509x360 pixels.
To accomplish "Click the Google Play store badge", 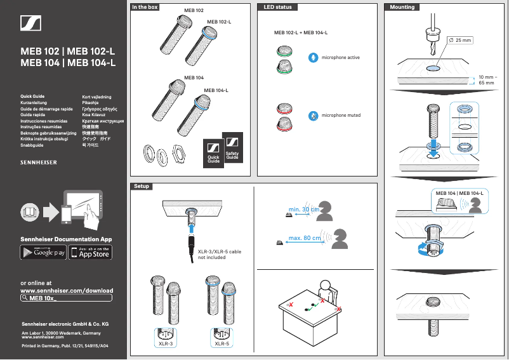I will coord(44,253).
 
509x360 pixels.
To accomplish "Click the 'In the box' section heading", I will coord(145,7).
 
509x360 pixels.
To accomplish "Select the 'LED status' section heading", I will coord(277,7).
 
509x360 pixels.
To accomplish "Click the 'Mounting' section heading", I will coord(402,7).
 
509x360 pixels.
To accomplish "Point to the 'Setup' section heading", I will coord(141,187).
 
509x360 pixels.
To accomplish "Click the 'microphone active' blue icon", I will coord(312,58).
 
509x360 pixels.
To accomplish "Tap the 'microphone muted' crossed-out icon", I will coord(312,116).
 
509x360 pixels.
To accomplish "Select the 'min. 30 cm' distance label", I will coord(303,209).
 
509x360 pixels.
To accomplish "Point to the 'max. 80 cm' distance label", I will coord(303,238).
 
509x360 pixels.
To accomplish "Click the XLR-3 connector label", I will coord(166,343).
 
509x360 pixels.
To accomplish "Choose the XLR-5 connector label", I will coord(222,343).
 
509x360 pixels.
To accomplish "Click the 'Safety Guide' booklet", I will coord(232,150).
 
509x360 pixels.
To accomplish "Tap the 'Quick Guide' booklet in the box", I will coord(214,154).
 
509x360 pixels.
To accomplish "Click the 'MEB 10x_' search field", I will coord(67,297).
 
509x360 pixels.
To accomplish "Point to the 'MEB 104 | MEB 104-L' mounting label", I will coord(459,192).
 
